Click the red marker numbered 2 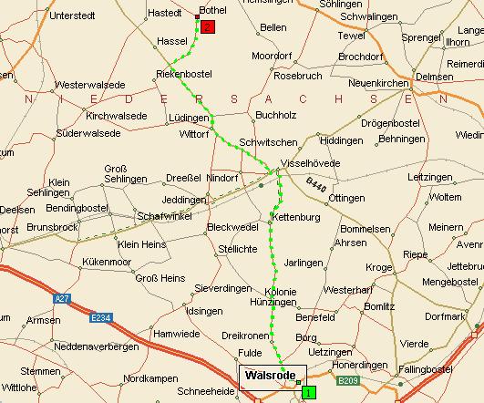click(x=208, y=27)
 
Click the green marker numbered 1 click(x=308, y=392)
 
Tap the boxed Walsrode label click(x=270, y=376)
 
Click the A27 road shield click(x=62, y=297)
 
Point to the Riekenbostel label click(x=184, y=72)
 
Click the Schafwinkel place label click(x=163, y=215)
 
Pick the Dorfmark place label click(x=446, y=316)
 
